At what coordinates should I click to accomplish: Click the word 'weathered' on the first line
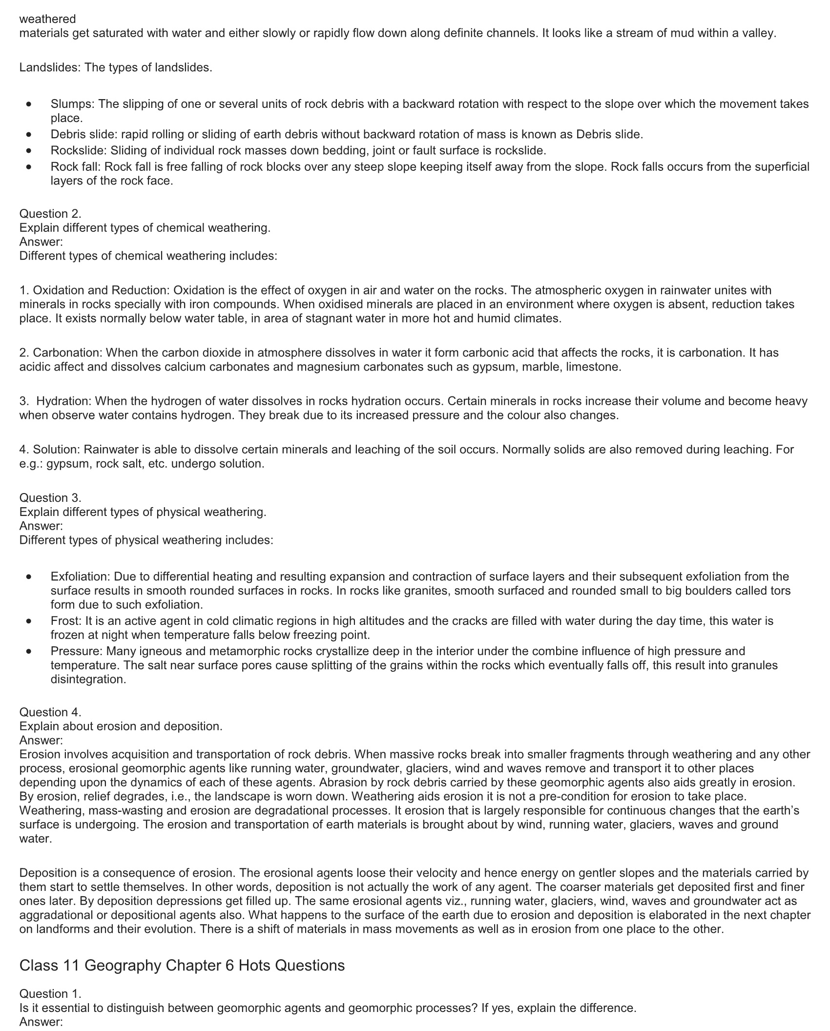tap(47, 19)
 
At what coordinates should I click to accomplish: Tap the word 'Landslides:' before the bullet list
tap(50, 67)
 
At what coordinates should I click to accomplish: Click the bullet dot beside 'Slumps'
tap(30, 104)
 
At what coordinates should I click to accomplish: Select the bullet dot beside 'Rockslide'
tap(30, 150)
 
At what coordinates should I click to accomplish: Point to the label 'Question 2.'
tap(50, 214)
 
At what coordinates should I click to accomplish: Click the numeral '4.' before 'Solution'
tap(24, 449)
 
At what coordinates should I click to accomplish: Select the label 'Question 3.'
tap(50, 498)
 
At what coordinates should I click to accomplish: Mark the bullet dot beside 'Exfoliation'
tap(30, 577)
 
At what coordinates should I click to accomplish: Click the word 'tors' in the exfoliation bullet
tap(780, 591)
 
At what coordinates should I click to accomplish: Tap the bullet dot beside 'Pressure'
tap(30, 651)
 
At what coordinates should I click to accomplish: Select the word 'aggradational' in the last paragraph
tap(56, 915)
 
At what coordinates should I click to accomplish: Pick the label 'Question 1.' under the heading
tap(50, 994)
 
